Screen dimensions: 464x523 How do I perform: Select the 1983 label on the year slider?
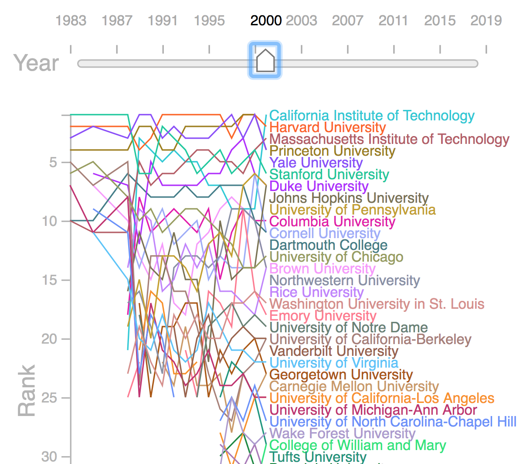[x=71, y=20]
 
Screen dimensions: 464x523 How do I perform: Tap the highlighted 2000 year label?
[x=266, y=20]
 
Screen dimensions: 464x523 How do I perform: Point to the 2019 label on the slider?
[x=486, y=20]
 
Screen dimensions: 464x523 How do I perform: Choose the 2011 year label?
[x=393, y=20]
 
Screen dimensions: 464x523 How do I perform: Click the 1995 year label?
[x=209, y=20]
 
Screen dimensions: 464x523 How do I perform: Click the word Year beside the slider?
[x=36, y=63]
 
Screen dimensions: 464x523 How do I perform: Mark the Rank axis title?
[x=27, y=391]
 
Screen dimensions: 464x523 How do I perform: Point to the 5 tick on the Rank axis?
[x=53, y=162]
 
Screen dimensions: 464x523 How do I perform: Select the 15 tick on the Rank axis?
[x=49, y=280]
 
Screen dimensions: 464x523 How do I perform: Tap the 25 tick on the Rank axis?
[x=49, y=398]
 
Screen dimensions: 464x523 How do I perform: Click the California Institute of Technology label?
[x=372, y=116]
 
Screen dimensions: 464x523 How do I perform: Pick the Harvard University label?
[x=328, y=127]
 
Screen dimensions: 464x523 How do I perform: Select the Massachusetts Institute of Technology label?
[x=389, y=139]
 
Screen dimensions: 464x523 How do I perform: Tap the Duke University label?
[x=319, y=186]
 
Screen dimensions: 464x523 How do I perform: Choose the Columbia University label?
[x=332, y=222]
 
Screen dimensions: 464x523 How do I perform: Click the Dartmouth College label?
[x=329, y=245]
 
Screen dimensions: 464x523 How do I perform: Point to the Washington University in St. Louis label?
[x=377, y=304]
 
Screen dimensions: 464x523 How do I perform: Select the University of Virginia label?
[x=334, y=363]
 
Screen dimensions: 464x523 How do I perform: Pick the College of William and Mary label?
[x=358, y=445]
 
